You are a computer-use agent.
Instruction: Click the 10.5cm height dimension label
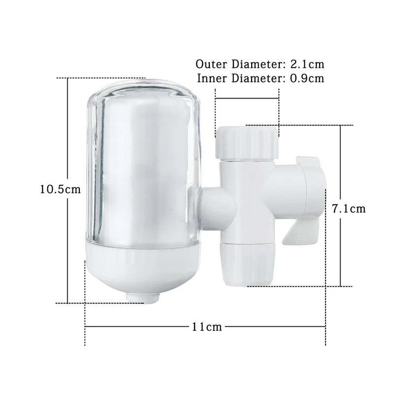point(61,189)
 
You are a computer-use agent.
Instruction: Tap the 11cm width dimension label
point(207,327)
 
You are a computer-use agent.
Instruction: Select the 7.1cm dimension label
point(349,209)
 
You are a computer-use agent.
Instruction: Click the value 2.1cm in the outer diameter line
point(307,65)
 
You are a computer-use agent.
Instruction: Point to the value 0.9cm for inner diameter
point(307,78)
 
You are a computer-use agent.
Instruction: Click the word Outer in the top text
point(211,65)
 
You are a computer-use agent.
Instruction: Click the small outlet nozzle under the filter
point(143,298)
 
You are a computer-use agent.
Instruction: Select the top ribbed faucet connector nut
point(247,143)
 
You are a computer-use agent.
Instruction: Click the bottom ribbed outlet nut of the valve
point(247,264)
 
